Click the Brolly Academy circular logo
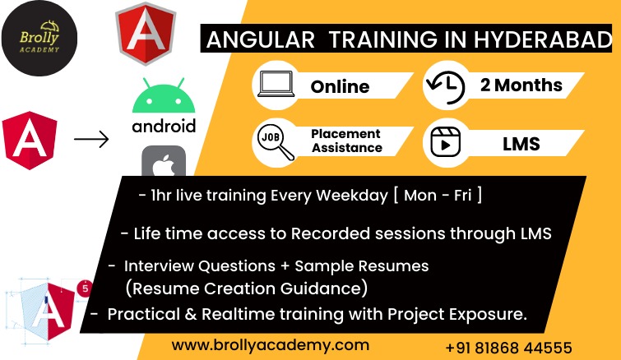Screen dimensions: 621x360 [x=39, y=39]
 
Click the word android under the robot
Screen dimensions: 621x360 [x=164, y=127]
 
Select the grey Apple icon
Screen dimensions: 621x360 [x=164, y=161]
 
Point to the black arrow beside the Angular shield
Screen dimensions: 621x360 [x=91, y=139]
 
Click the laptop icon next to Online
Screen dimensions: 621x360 [x=276, y=84]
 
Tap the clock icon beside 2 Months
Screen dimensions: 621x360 [x=445, y=86]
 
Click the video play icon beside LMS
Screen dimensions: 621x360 [x=445, y=142]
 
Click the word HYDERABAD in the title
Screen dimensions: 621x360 [x=543, y=39]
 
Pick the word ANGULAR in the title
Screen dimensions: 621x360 [x=261, y=39]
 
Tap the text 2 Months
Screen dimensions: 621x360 [x=521, y=85]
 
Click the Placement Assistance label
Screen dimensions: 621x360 [x=346, y=141]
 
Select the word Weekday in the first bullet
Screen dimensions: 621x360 [x=352, y=196]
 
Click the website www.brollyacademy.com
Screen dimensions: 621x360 [x=271, y=345]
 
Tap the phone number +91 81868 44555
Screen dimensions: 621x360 [x=509, y=348]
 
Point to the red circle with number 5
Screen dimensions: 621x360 [x=86, y=288]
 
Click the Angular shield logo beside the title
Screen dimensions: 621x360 [x=146, y=34]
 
